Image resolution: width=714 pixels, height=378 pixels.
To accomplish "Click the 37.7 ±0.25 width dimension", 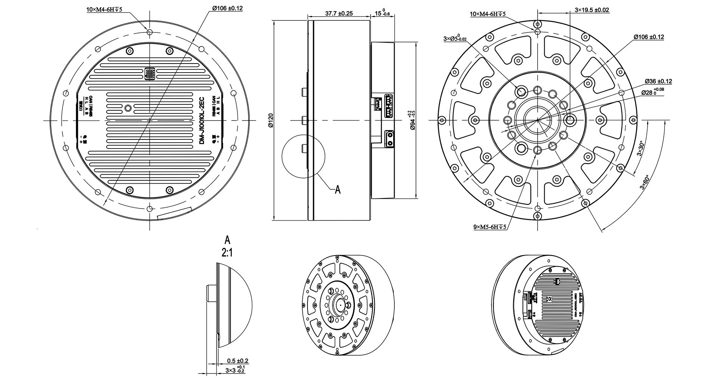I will coord(338,13).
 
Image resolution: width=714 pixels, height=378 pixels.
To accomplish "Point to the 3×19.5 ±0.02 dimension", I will coord(592,10).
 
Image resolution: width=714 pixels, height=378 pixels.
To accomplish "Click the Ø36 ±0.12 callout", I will coord(658,81).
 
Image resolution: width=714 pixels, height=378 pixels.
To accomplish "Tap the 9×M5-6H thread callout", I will coord(489,227).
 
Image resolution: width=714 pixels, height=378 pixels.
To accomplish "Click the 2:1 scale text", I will coord(227,253).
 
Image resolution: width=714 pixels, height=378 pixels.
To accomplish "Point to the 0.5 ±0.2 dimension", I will coord(238,361).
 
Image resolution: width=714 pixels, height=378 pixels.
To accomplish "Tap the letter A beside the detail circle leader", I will coord(338,190).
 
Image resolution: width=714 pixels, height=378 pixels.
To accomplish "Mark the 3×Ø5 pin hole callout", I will coord(455,39).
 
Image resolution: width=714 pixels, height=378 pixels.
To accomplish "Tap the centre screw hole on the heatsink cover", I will coord(129,108).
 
